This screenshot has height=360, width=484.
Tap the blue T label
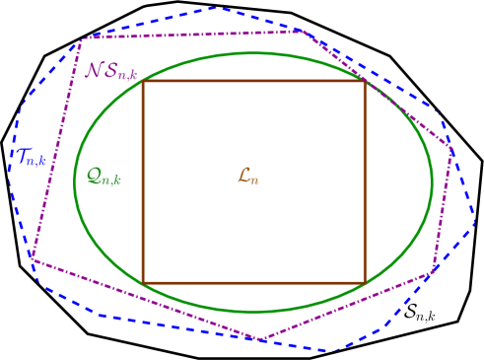point(32,157)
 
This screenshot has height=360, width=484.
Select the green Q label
point(104,178)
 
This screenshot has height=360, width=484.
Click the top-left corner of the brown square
point(143,82)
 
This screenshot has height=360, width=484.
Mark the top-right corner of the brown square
point(365,82)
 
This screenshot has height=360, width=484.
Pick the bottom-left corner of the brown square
point(143,283)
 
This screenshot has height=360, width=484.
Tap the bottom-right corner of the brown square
point(365,283)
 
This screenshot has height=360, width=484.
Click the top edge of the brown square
point(253,82)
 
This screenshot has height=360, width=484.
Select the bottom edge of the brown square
point(253,283)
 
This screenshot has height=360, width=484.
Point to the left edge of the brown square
point(143,182)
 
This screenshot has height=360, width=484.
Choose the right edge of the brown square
point(365,182)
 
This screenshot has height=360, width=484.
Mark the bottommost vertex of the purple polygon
point(261,340)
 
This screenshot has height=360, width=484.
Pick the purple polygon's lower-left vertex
point(32,257)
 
